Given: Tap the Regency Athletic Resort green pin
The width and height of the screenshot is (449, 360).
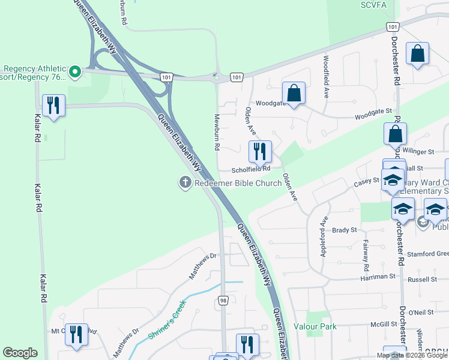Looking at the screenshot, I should click(75, 73).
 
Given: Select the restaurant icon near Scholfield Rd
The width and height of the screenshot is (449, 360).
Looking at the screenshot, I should click(260, 151).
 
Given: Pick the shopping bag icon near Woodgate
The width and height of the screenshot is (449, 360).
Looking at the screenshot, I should click(294, 94).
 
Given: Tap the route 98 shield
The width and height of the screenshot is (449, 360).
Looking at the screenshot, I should click(223, 301).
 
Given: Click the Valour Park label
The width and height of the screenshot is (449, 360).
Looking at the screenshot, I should click(315, 326).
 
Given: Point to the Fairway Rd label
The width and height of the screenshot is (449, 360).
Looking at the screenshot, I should click(364, 253).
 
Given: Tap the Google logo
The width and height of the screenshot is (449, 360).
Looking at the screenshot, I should click(20, 352).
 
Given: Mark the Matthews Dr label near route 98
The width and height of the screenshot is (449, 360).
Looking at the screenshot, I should click(204, 266).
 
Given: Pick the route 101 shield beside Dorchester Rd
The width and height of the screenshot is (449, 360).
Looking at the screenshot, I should click(391, 27).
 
